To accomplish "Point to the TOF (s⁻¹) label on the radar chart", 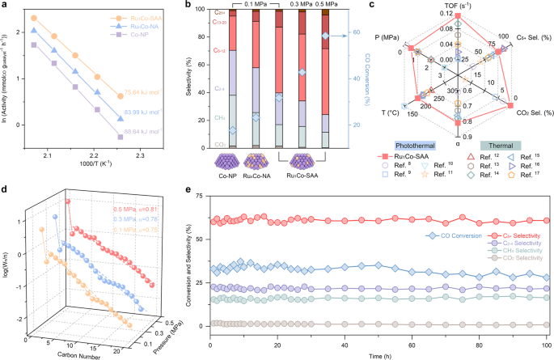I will (457, 6).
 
